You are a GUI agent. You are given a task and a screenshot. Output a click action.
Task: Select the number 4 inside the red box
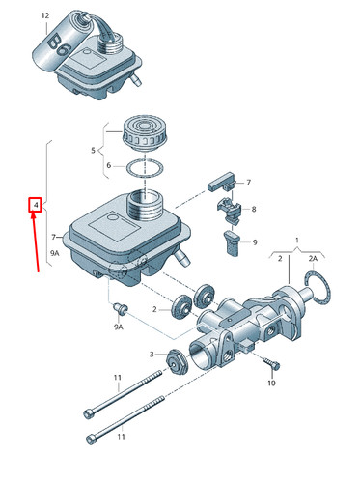(35, 206)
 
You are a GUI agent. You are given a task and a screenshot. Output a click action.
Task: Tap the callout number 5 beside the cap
(93, 151)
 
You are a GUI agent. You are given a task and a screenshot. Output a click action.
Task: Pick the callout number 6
(108, 165)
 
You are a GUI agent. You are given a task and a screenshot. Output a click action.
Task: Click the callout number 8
(254, 209)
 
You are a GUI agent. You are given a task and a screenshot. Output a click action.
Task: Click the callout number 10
(271, 384)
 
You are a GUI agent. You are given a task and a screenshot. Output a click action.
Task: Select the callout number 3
(152, 355)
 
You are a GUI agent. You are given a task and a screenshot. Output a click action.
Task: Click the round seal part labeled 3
(176, 360)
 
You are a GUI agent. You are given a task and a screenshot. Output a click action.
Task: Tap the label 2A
(313, 259)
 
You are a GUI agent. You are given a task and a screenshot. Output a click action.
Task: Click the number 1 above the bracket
(296, 240)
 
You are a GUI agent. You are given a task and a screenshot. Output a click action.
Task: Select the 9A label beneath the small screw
(118, 327)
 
